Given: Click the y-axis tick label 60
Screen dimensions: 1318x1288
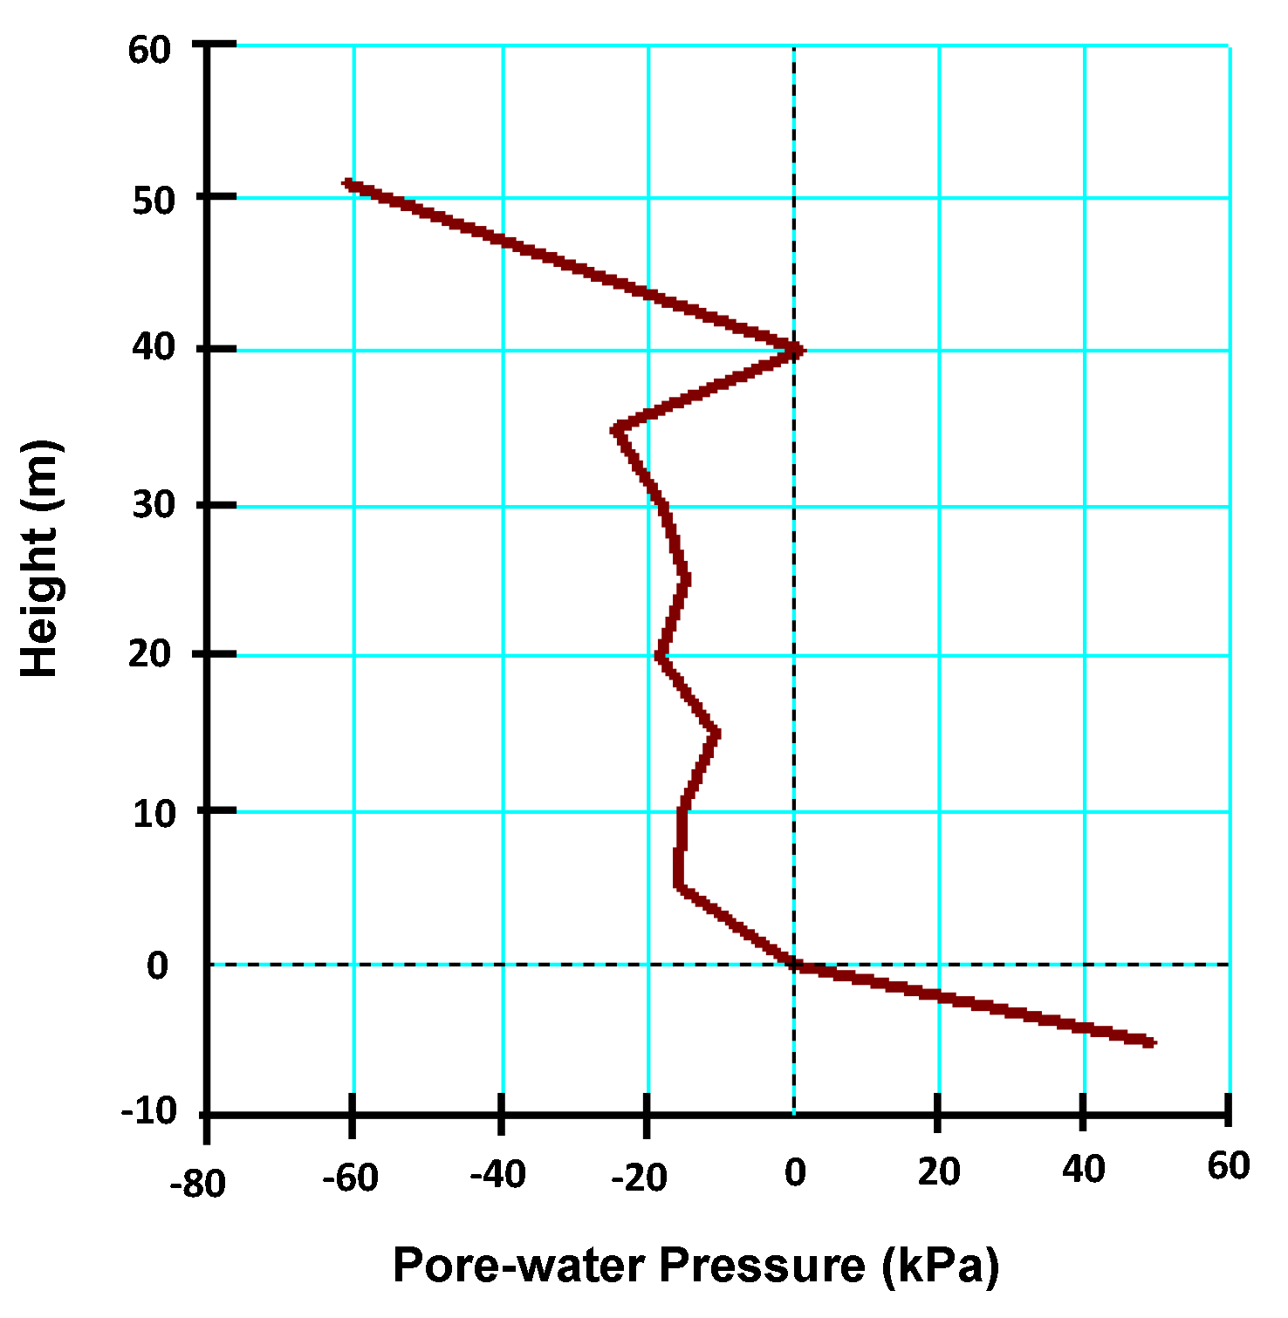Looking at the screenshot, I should [150, 50].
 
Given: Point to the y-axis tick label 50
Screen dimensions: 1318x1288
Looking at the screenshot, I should [154, 201].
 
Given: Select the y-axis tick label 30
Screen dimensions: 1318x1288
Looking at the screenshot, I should [154, 505].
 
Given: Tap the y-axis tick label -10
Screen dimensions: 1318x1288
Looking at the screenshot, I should [148, 1112].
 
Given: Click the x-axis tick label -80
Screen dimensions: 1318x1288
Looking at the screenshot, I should [197, 1184].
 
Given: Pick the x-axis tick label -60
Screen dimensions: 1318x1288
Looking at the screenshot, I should [350, 1178].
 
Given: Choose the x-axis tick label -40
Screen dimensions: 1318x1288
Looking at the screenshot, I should [497, 1175].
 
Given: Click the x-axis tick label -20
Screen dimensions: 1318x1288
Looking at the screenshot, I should [640, 1178].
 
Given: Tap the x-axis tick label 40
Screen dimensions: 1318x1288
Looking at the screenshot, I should [1083, 1169].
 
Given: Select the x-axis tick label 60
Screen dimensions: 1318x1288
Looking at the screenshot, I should [1229, 1165].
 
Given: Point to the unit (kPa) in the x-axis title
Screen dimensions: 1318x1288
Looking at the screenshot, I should [940, 1266].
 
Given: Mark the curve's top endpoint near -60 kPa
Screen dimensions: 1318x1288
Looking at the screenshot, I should [348, 184].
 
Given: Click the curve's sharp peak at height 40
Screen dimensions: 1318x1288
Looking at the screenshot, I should [798, 351].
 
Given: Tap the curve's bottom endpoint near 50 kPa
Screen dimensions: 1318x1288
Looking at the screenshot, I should [1151, 1042].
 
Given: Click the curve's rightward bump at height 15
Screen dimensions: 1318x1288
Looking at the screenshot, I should [716, 734].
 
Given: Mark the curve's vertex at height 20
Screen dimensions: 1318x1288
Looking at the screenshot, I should [661, 655].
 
